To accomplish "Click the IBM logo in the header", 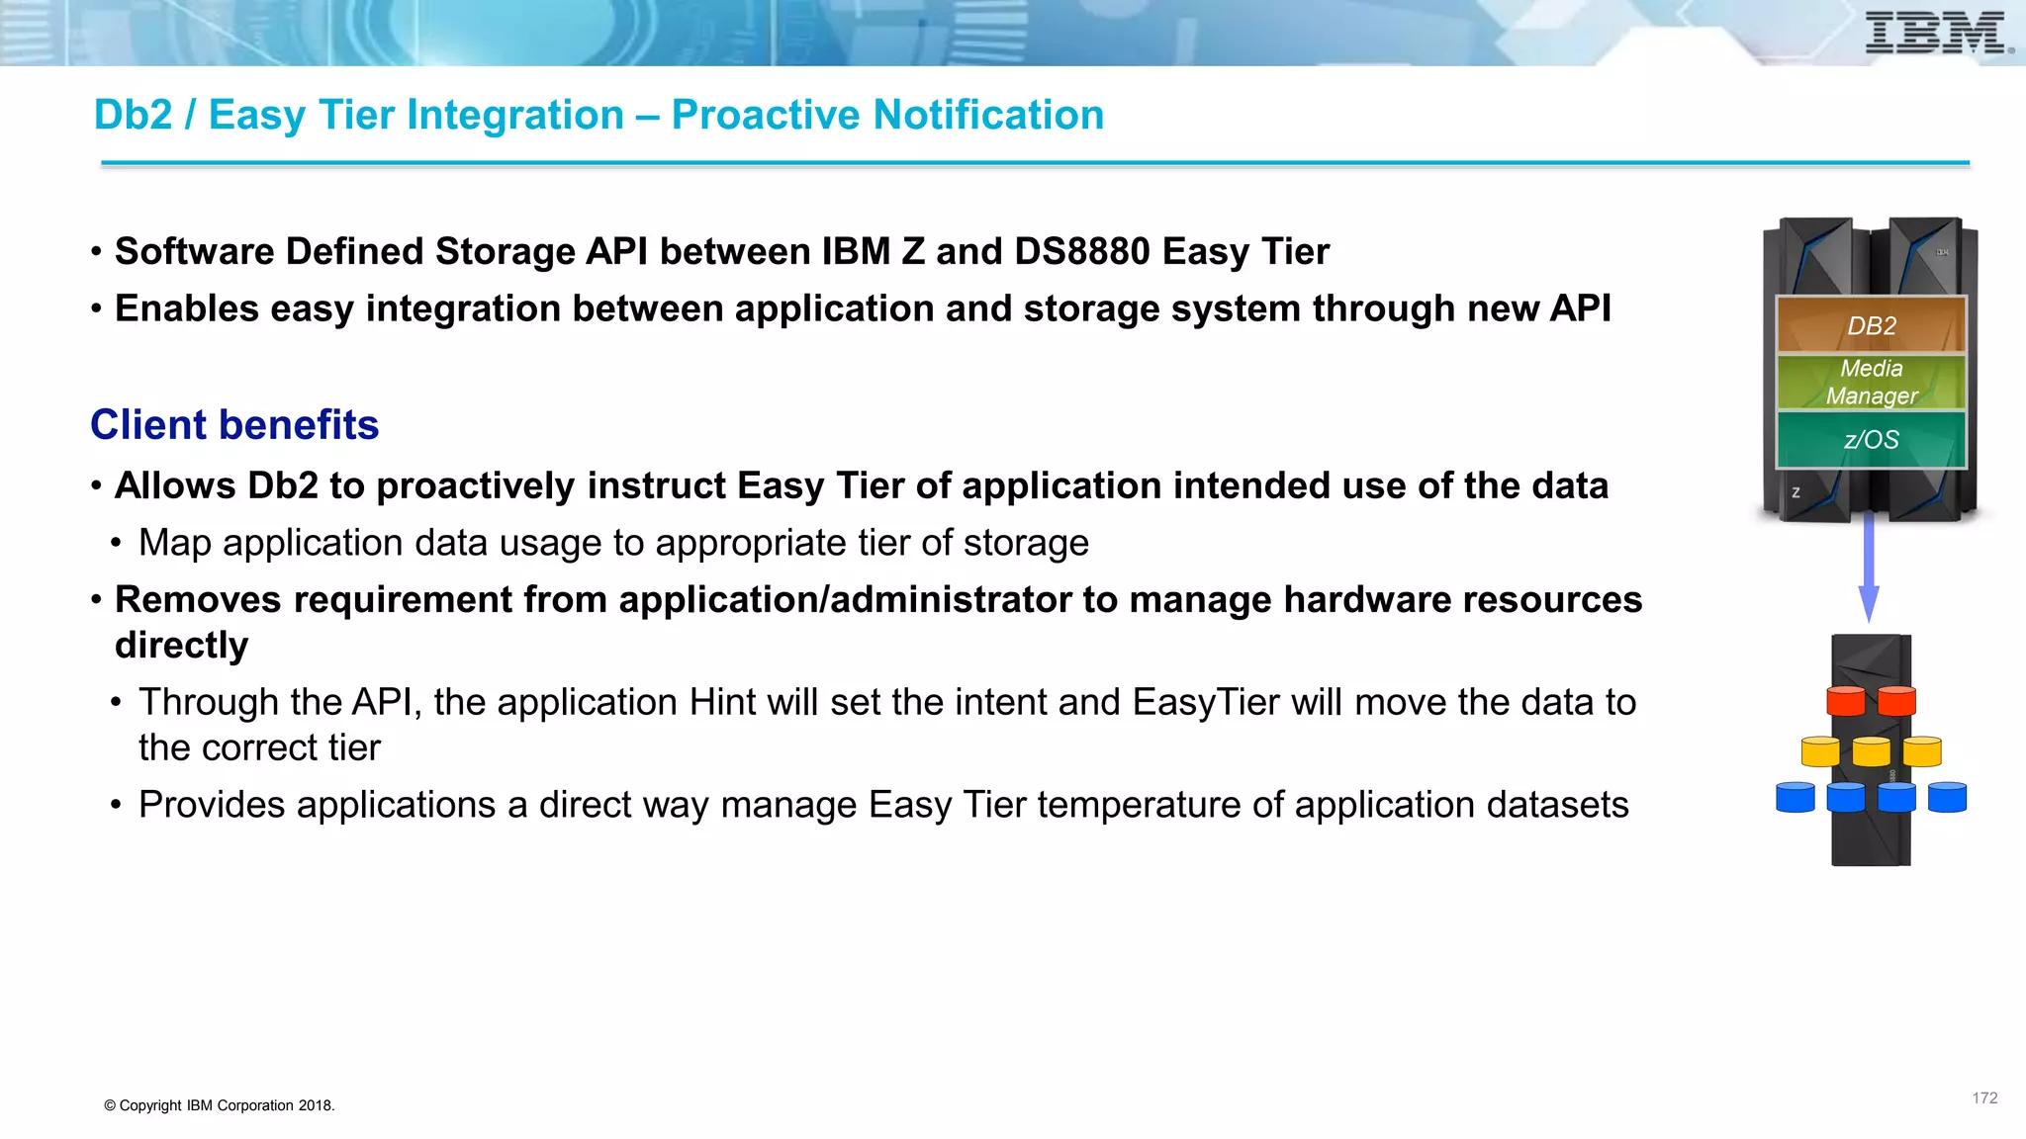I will [1937, 33].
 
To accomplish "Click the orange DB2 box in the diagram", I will [1871, 325].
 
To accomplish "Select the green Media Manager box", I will [1871, 382].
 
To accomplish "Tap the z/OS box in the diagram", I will [1871, 439].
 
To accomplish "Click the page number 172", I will [1984, 1098].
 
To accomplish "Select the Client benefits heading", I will [234, 425].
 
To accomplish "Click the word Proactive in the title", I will [768, 115].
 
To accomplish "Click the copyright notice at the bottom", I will [220, 1105].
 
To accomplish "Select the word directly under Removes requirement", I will [182, 646].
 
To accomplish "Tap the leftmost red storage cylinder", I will [1845, 701].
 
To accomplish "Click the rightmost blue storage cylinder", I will [1947, 797].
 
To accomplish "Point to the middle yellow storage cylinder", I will [1871, 751].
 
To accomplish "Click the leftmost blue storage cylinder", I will [1796, 797].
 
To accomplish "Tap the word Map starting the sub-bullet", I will [174, 543].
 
